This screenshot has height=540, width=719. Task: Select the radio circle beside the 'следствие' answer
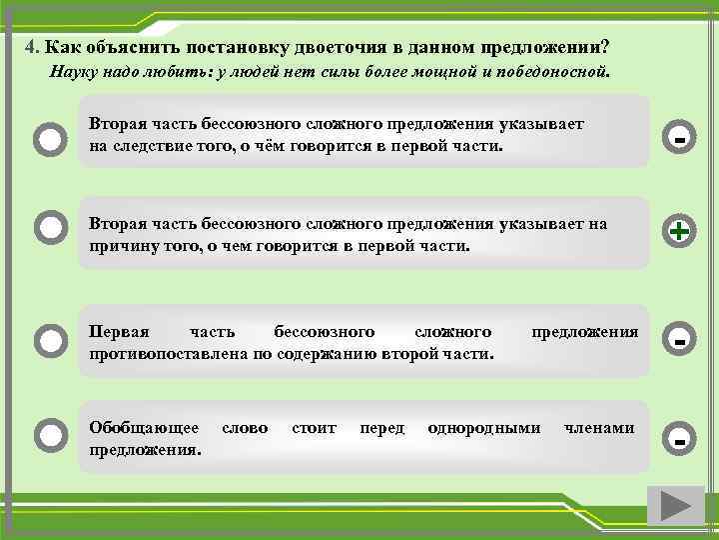point(50,138)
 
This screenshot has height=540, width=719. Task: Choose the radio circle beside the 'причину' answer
point(50,228)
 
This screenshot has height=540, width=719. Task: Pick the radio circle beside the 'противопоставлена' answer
point(50,340)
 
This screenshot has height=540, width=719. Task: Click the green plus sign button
point(679,231)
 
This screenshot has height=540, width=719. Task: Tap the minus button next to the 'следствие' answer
point(679,137)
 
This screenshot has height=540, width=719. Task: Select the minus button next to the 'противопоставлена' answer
point(679,341)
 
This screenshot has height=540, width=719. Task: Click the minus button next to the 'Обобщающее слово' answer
point(679,438)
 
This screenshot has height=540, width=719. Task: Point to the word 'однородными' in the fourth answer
point(484,428)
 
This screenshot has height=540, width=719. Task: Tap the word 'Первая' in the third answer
point(120,331)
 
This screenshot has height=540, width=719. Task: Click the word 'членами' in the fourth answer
point(599,428)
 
